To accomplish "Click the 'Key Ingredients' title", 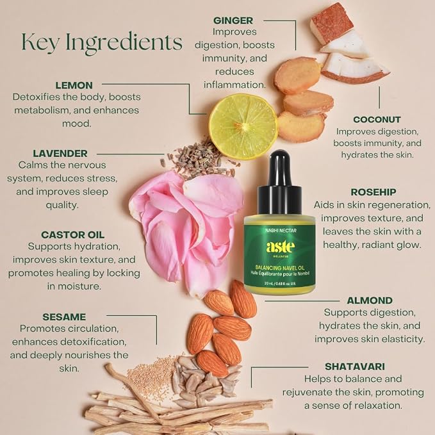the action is pyautogui.click(x=102, y=42).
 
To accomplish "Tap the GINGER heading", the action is pyautogui.click(x=233, y=21).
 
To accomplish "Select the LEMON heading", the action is pyautogui.click(x=74, y=85).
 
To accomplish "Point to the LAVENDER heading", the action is pyautogui.click(x=60, y=153).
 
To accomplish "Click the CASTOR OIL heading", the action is pyautogui.click(x=73, y=235).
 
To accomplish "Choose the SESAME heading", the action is pyautogui.click(x=64, y=317).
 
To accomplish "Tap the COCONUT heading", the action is pyautogui.click(x=377, y=120).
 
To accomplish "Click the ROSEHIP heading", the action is pyautogui.click(x=373, y=192).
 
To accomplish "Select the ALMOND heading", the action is pyautogui.click(x=370, y=300).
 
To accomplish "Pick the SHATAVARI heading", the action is pyautogui.click(x=355, y=366).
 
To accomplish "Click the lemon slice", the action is pyautogui.click(x=243, y=126).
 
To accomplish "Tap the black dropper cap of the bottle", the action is pyautogui.click(x=279, y=182).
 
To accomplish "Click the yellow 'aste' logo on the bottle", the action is pyautogui.click(x=279, y=247).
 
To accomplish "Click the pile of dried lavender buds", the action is pyautogui.click(x=199, y=160).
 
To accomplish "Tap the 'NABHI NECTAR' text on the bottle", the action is pyautogui.click(x=281, y=231).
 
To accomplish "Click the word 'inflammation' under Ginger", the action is pyautogui.click(x=234, y=85).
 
